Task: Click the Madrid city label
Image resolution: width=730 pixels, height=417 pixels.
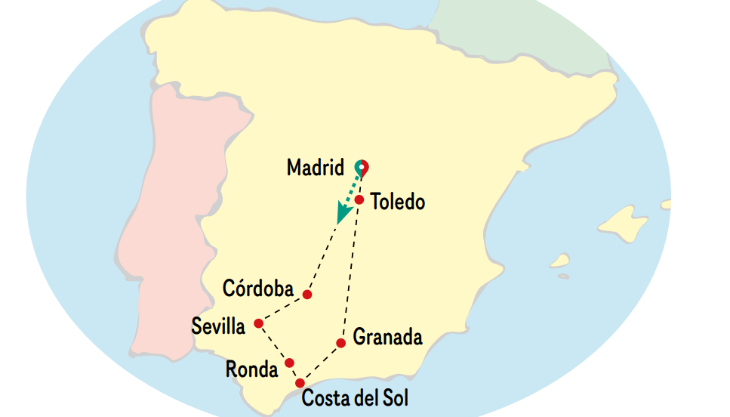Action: pos(315,168)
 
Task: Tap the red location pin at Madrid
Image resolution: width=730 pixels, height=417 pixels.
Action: pos(362,166)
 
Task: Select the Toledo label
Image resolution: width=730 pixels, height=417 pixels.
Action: pos(398,202)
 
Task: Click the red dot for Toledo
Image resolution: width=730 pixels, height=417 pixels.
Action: pos(360,200)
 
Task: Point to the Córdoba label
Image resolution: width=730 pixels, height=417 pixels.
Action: pos(258,289)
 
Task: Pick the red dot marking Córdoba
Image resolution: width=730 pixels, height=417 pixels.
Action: pos(307,294)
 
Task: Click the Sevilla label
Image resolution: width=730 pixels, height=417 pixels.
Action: pos(218,327)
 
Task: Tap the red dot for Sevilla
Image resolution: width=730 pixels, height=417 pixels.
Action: pos(258,323)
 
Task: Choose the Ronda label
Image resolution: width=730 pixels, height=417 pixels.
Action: pos(252,369)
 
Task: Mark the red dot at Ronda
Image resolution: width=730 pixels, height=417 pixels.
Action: pos(289,363)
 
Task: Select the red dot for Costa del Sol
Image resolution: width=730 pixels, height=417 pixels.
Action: pos(300,383)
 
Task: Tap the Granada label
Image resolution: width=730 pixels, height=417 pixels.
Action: pos(387,337)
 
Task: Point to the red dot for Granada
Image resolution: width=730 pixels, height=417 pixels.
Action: pos(340,343)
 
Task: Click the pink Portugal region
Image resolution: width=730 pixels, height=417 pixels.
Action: pos(166,227)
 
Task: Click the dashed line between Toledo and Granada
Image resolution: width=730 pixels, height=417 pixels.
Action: pos(350,272)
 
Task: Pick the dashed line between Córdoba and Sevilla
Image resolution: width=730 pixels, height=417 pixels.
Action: pos(283,308)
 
